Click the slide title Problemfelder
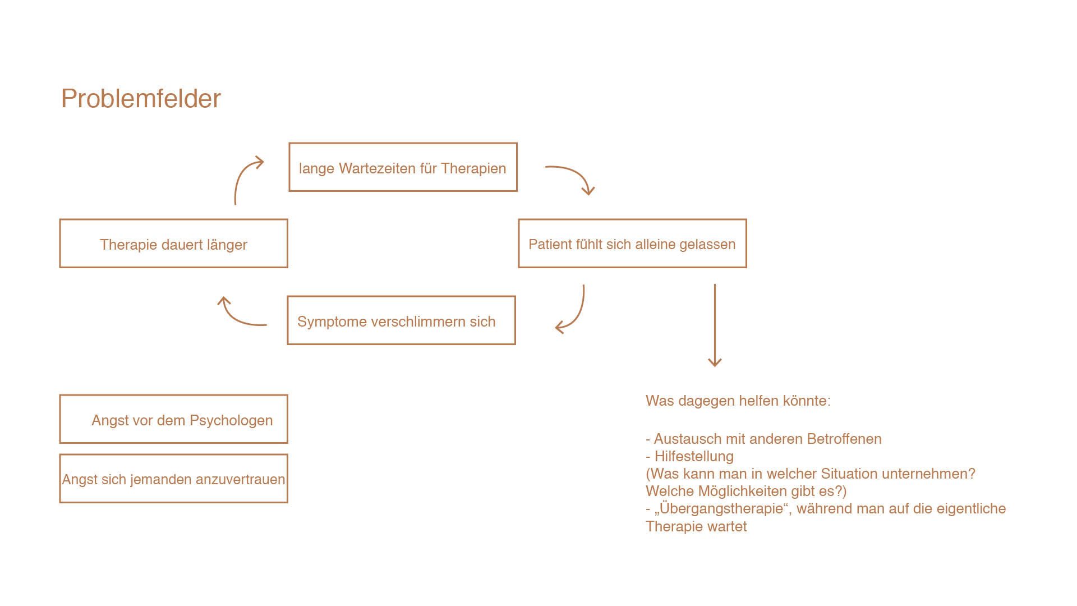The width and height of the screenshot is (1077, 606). coord(141,99)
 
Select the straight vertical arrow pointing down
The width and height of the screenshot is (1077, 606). coord(715,325)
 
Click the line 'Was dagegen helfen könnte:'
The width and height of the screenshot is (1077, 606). coord(738,401)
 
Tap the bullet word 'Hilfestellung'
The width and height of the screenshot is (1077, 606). coord(694,456)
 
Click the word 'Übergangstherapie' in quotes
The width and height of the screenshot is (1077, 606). coord(721,508)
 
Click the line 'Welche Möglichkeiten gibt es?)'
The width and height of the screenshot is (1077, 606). coord(746,491)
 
